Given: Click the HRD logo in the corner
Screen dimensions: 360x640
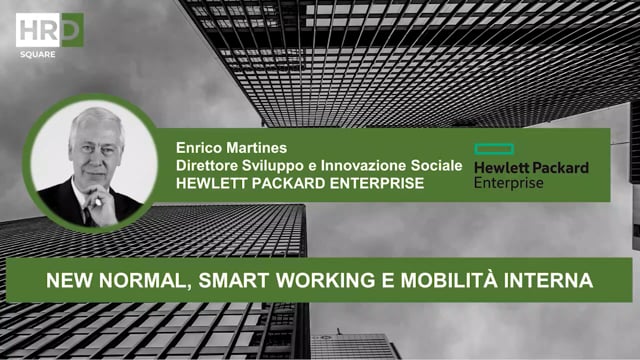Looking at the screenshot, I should [x=49, y=28].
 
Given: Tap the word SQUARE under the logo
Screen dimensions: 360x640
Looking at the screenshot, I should [x=37, y=51].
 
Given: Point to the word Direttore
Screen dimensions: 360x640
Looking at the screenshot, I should [x=209, y=163].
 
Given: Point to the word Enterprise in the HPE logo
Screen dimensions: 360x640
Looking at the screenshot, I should [x=510, y=184].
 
